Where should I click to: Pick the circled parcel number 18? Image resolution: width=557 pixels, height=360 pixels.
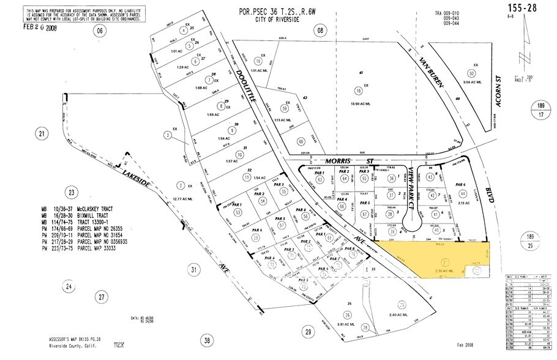pyautogui.click(x=357, y=91)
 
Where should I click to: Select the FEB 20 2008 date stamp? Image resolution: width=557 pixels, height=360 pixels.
pyautogui.click(x=39, y=26)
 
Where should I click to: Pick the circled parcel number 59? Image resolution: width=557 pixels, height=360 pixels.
pyautogui.click(x=301, y=108)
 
